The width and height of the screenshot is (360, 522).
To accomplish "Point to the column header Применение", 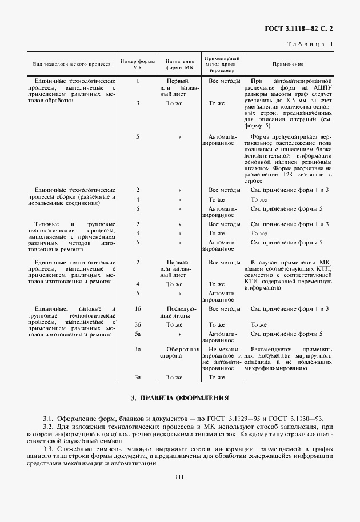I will [x=288, y=65].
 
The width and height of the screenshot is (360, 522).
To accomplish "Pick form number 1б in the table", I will [x=138, y=309].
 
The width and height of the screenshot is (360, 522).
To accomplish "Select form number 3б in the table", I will [x=138, y=324].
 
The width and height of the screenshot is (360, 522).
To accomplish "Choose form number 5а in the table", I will [x=138, y=333].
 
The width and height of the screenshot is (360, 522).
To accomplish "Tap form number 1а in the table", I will [x=138, y=348].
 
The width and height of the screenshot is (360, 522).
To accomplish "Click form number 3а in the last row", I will [x=138, y=377].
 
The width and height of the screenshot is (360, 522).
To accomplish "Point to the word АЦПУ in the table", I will [x=321, y=89].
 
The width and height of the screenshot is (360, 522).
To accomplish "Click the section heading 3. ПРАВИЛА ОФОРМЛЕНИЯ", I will [x=179, y=397].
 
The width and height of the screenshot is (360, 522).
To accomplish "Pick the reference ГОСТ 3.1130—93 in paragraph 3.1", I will [x=302, y=419].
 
